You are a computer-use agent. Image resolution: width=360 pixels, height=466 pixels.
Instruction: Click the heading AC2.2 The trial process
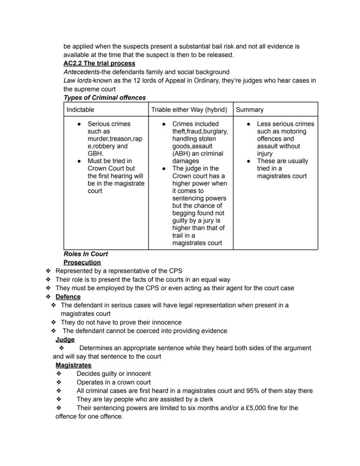tap(99, 63)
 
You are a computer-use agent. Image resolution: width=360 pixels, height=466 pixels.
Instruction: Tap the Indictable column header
tap(80, 110)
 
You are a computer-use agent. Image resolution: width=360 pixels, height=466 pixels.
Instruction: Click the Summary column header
tap(250, 110)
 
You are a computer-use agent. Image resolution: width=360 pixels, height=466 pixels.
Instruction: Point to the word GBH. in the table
tap(95, 154)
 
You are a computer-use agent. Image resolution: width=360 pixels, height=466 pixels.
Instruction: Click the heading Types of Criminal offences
tap(104, 97)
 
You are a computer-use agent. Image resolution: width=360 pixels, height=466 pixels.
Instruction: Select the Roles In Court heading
tap(86, 254)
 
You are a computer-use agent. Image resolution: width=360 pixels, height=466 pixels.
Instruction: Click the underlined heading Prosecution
tap(82, 262)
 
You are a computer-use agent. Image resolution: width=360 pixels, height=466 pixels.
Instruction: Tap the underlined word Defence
tap(68, 297)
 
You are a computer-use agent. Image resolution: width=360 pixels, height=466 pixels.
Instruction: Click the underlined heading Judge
tap(65, 339)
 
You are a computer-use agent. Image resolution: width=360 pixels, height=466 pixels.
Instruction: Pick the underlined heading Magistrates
tap(73, 365)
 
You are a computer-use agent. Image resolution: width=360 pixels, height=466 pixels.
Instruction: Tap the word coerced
tap(133, 331)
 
